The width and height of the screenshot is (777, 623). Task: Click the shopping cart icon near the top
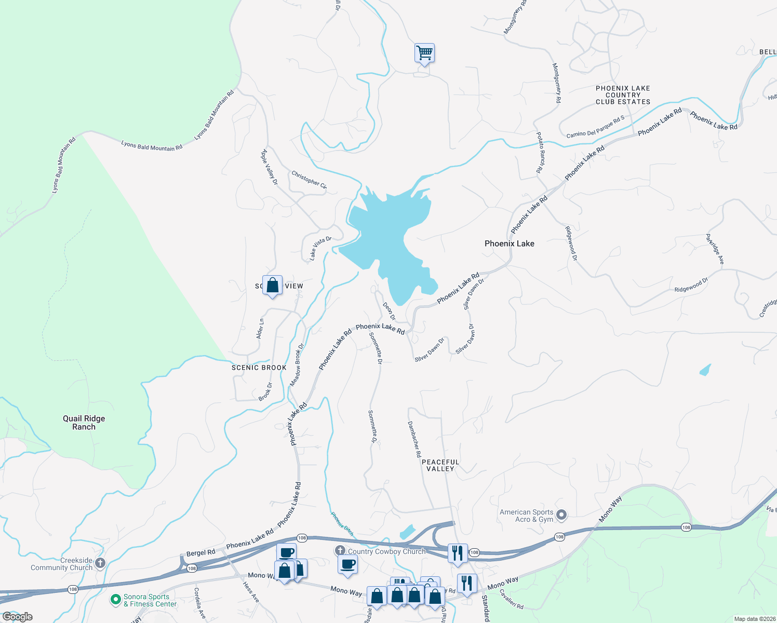tap(424, 53)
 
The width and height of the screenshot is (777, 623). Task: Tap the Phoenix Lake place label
tap(509, 243)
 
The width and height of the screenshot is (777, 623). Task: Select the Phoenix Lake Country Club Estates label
tap(623, 95)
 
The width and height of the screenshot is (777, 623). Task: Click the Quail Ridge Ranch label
tap(84, 423)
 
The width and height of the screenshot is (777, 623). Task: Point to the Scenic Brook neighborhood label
tap(259, 368)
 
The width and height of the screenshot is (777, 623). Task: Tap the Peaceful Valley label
tap(440, 465)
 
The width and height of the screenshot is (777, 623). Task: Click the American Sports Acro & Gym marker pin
tap(561, 515)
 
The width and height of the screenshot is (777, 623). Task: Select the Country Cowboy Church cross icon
tap(340, 550)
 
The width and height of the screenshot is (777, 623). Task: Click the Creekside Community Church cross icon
tap(100, 563)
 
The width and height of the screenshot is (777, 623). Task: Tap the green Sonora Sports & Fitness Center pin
tap(115, 600)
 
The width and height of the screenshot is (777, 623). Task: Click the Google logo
tap(18, 617)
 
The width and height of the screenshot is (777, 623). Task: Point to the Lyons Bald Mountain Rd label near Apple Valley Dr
tap(214, 115)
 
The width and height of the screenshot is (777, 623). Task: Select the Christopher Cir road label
tap(309, 180)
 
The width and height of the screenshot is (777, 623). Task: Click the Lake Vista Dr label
tap(320, 248)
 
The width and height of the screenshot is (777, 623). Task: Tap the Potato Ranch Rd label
tap(541, 153)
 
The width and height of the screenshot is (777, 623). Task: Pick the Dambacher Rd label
tap(414, 439)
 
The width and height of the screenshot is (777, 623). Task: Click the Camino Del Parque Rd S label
tap(595, 127)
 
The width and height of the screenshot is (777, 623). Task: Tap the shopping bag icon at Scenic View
tap(272, 285)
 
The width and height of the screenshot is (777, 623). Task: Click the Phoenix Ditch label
tap(342, 524)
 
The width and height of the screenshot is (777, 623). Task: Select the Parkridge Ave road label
tap(715, 249)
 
